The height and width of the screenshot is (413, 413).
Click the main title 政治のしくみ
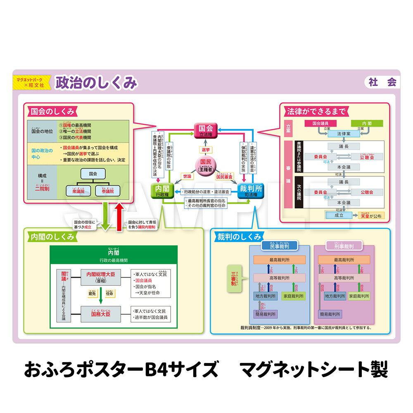click(96, 83)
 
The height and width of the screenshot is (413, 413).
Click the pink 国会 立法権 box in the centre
click(206, 131)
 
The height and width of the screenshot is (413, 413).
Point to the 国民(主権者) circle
click(206, 165)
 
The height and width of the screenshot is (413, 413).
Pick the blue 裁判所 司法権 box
click(250, 191)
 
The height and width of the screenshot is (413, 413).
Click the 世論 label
click(186, 176)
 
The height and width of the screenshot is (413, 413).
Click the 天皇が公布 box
click(370, 216)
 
